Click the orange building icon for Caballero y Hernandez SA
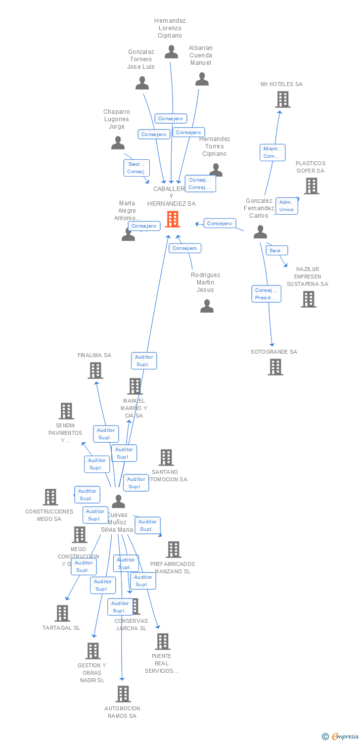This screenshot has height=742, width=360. tap(173, 219)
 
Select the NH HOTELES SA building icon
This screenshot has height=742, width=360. tap(282, 99)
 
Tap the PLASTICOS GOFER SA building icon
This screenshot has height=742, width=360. tap(311, 186)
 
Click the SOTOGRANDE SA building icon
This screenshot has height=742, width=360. tap(275, 367)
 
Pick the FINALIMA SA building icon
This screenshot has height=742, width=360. tap(95, 370)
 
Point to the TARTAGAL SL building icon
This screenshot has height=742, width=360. tap(62, 613)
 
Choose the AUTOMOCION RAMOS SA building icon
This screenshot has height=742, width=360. tap(123, 694)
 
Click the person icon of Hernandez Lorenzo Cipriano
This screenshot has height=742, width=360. tap(171, 52)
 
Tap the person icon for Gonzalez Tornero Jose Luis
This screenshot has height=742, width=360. tap(142, 83)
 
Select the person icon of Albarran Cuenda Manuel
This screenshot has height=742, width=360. tap(202, 79)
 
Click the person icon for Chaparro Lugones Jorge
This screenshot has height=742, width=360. tap(118, 143)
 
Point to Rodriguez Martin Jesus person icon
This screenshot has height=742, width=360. tap(207, 307)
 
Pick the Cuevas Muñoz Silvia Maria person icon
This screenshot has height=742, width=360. tap(118, 501)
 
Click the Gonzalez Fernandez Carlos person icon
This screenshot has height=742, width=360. tap(260, 232)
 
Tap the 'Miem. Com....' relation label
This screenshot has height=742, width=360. tap(272, 152)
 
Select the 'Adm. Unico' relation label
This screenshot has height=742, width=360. tap(286, 206)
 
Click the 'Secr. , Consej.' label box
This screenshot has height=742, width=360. tap(136, 168)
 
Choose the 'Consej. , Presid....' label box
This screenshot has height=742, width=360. tap(266, 294)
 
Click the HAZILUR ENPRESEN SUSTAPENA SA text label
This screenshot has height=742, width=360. tap(307, 277)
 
